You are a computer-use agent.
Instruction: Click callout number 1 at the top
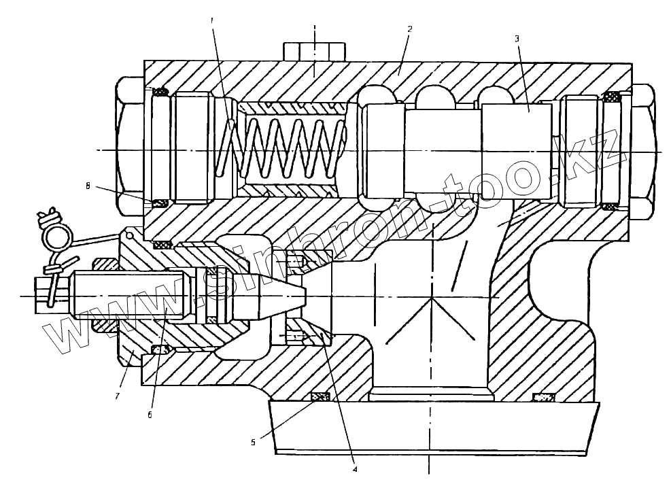pyautogui.click(x=212, y=21)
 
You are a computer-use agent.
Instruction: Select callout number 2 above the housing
pyautogui.click(x=409, y=30)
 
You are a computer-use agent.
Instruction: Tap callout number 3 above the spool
pyautogui.click(x=517, y=39)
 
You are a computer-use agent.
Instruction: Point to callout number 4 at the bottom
pyautogui.click(x=355, y=468)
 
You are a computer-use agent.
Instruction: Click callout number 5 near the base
pyautogui.click(x=253, y=442)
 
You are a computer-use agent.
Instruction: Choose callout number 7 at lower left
pyautogui.click(x=116, y=396)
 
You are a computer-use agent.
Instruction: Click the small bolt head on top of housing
pyautogui.click(x=314, y=51)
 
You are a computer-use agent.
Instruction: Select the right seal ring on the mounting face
pyautogui.click(x=543, y=397)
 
